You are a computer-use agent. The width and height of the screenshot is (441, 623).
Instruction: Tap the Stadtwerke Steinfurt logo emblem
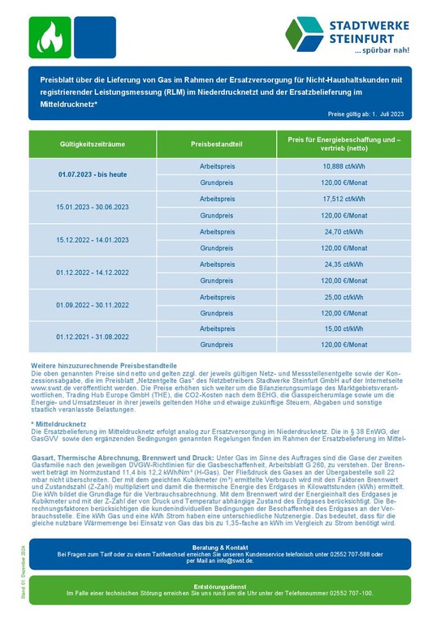tap(305, 33)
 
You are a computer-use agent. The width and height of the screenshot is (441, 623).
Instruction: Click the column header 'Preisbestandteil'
tap(217, 144)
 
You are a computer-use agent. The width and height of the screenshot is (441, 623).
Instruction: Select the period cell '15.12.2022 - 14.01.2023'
tap(93, 240)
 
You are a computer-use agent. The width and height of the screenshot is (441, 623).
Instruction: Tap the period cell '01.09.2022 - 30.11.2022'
tap(93, 305)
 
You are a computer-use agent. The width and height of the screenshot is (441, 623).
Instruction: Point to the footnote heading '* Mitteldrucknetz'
tap(57, 424)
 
